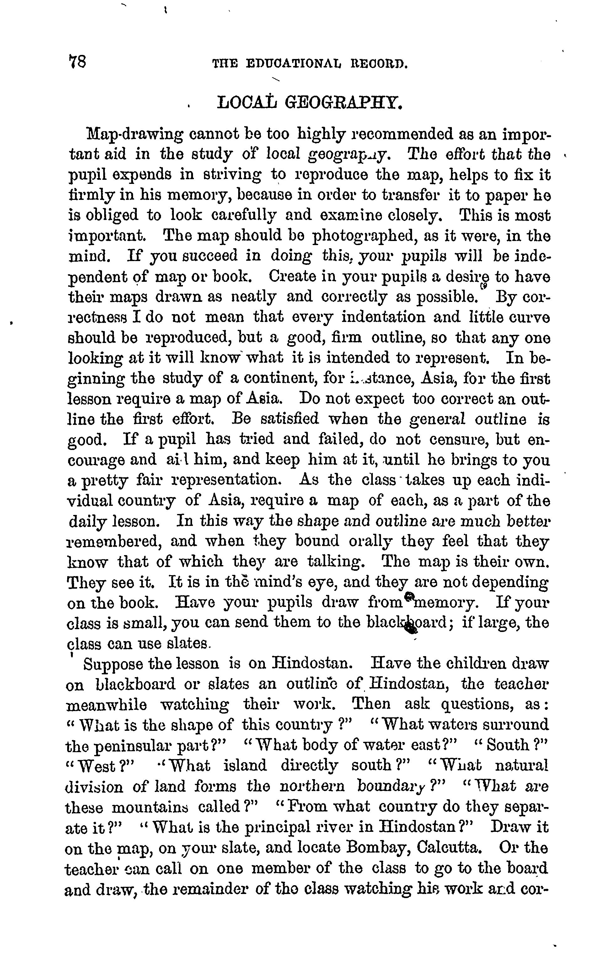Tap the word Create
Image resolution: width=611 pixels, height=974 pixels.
pyautogui.click(x=293, y=277)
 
